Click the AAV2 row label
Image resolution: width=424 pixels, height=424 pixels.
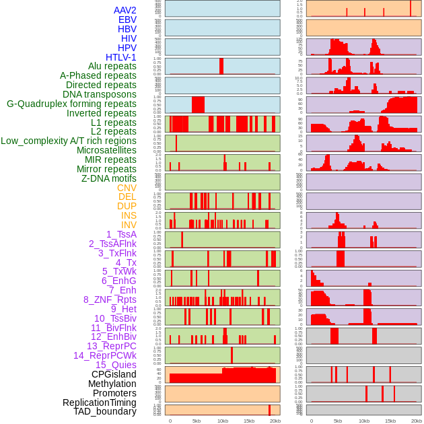[x=125, y=10]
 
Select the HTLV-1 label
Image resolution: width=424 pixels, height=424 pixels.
[x=121, y=57]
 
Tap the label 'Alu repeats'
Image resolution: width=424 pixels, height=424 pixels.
[x=112, y=66]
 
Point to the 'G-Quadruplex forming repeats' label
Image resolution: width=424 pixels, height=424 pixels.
[x=71, y=104]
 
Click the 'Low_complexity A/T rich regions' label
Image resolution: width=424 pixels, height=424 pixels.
[x=69, y=141]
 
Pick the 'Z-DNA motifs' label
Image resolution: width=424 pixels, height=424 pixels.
[x=109, y=178]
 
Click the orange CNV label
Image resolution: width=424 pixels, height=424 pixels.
[x=127, y=188]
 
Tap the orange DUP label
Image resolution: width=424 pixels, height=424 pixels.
[x=127, y=206]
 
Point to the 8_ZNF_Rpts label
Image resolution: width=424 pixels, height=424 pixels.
[x=110, y=299]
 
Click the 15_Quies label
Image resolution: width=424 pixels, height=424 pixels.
[x=116, y=365]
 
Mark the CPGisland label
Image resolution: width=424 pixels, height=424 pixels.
[x=114, y=374]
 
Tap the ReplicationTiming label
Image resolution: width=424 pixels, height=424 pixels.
[x=100, y=402]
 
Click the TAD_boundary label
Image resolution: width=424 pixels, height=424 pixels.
[x=105, y=411]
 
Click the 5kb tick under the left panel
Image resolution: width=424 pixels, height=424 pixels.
[x=197, y=421]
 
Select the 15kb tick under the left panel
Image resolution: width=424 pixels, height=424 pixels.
[x=249, y=421]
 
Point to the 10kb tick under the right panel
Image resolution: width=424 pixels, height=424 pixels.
[x=364, y=421]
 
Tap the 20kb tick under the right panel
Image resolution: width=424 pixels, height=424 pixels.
[x=417, y=421]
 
